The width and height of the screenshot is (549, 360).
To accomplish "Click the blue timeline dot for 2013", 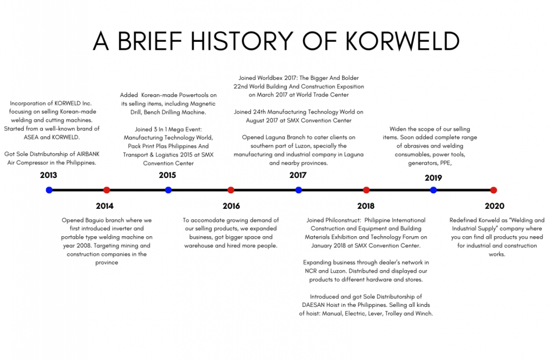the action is coord(49,190).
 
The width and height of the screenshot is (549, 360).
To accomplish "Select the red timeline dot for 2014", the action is coord(107,190).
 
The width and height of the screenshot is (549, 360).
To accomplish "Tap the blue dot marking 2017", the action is coord(299,190).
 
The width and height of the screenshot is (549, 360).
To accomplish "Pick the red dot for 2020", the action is coord(493,190).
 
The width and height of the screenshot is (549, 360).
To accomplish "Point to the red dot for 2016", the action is coord(231,190).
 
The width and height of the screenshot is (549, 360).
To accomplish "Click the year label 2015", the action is coord(167,175).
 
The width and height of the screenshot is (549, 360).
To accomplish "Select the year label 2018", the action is coord(366,206).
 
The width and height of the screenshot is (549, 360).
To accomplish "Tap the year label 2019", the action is coord(433,178).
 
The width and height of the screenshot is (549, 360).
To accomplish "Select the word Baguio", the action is coord(98,220).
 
